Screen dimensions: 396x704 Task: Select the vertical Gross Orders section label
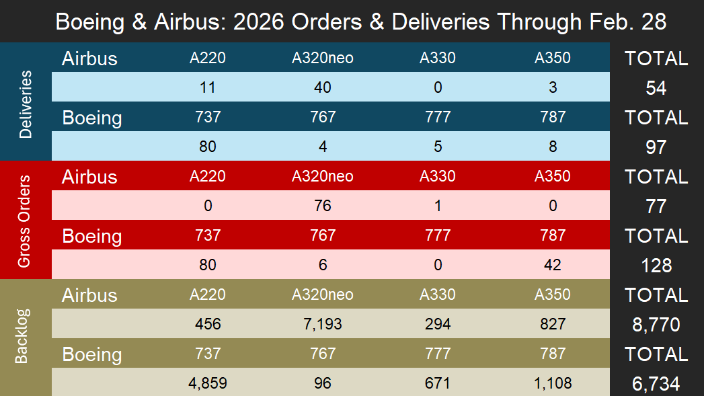(25, 221)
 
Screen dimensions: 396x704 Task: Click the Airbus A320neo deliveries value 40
(323, 87)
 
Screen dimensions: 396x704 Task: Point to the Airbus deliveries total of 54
(656, 88)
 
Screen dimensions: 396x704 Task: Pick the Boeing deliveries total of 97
(656, 147)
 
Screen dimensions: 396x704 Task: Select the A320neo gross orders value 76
(323, 206)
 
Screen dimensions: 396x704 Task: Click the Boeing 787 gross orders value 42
(552, 265)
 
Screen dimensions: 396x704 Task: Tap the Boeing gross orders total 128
(656, 266)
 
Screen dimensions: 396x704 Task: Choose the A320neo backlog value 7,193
(323, 324)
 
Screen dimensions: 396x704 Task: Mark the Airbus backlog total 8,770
(656, 325)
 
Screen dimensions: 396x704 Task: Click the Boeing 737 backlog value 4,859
(208, 383)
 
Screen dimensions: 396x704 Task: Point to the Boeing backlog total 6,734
(656, 384)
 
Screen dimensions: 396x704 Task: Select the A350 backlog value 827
(552, 324)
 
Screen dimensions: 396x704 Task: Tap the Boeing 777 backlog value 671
(438, 383)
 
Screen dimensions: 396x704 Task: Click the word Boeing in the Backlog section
(92, 354)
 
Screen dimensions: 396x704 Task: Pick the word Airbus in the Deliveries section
(89, 58)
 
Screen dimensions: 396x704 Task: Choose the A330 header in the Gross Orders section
(438, 176)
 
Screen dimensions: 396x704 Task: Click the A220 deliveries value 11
(208, 87)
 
